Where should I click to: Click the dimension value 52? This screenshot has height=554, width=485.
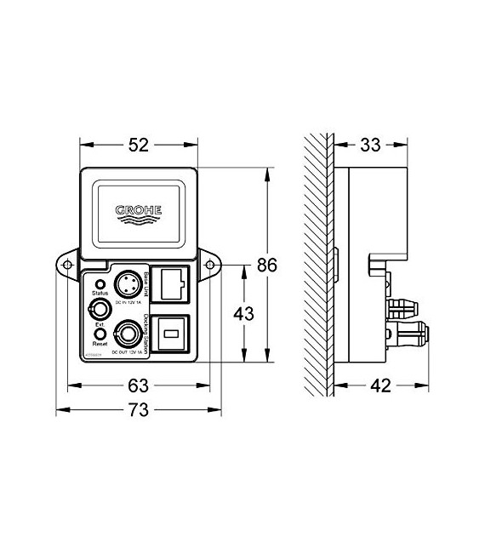[x=139, y=145]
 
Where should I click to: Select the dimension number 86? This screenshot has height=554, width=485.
[x=267, y=266]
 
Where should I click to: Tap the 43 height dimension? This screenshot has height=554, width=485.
[x=244, y=313]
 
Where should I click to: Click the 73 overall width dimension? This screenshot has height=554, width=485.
[x=139, y=410]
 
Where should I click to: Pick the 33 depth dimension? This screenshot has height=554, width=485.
[x=370, y=145]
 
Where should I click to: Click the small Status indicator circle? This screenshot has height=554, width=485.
[x=100, y=284]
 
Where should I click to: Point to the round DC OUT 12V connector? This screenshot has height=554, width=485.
[x=128, y=331]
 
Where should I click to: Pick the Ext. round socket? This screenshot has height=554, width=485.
[x=100, y=308]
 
